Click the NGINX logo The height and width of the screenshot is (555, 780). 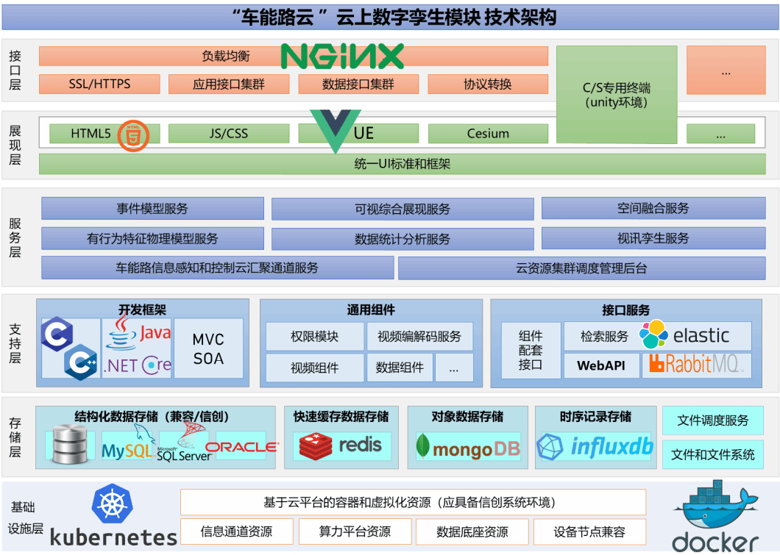tap(342, 56)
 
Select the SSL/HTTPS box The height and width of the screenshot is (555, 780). tap(99, 84)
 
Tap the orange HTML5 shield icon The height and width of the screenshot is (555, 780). tap(134, 135)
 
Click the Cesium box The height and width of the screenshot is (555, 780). tap(488, 134)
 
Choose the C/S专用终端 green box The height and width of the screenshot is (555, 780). tap(616, 93)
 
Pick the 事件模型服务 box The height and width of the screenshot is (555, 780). tap(152, 209)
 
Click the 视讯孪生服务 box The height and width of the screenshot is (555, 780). tap(653, 238)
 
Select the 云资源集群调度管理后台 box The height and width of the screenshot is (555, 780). tap(581, 268)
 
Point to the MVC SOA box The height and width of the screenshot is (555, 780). tap(208, 349)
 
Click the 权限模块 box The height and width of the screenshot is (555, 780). tap(314, 337)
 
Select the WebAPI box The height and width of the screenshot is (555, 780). tap(600, 365)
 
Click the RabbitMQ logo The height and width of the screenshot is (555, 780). tap(696, 364)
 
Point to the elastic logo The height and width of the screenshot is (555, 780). tap(684, 335)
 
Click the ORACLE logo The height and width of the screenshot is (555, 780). tap(241, 447)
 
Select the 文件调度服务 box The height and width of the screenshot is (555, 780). tap(712, 420)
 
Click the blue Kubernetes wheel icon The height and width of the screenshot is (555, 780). tap(113, 504)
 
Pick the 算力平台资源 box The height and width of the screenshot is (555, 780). tap(355, 531)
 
